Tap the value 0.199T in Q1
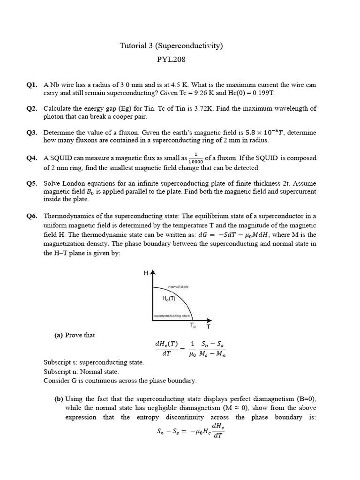pos(262,93)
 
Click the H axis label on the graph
pos(146,273)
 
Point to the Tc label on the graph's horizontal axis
pos(193,325)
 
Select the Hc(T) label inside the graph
pos(169,299)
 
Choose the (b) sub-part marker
pos(59,399)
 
